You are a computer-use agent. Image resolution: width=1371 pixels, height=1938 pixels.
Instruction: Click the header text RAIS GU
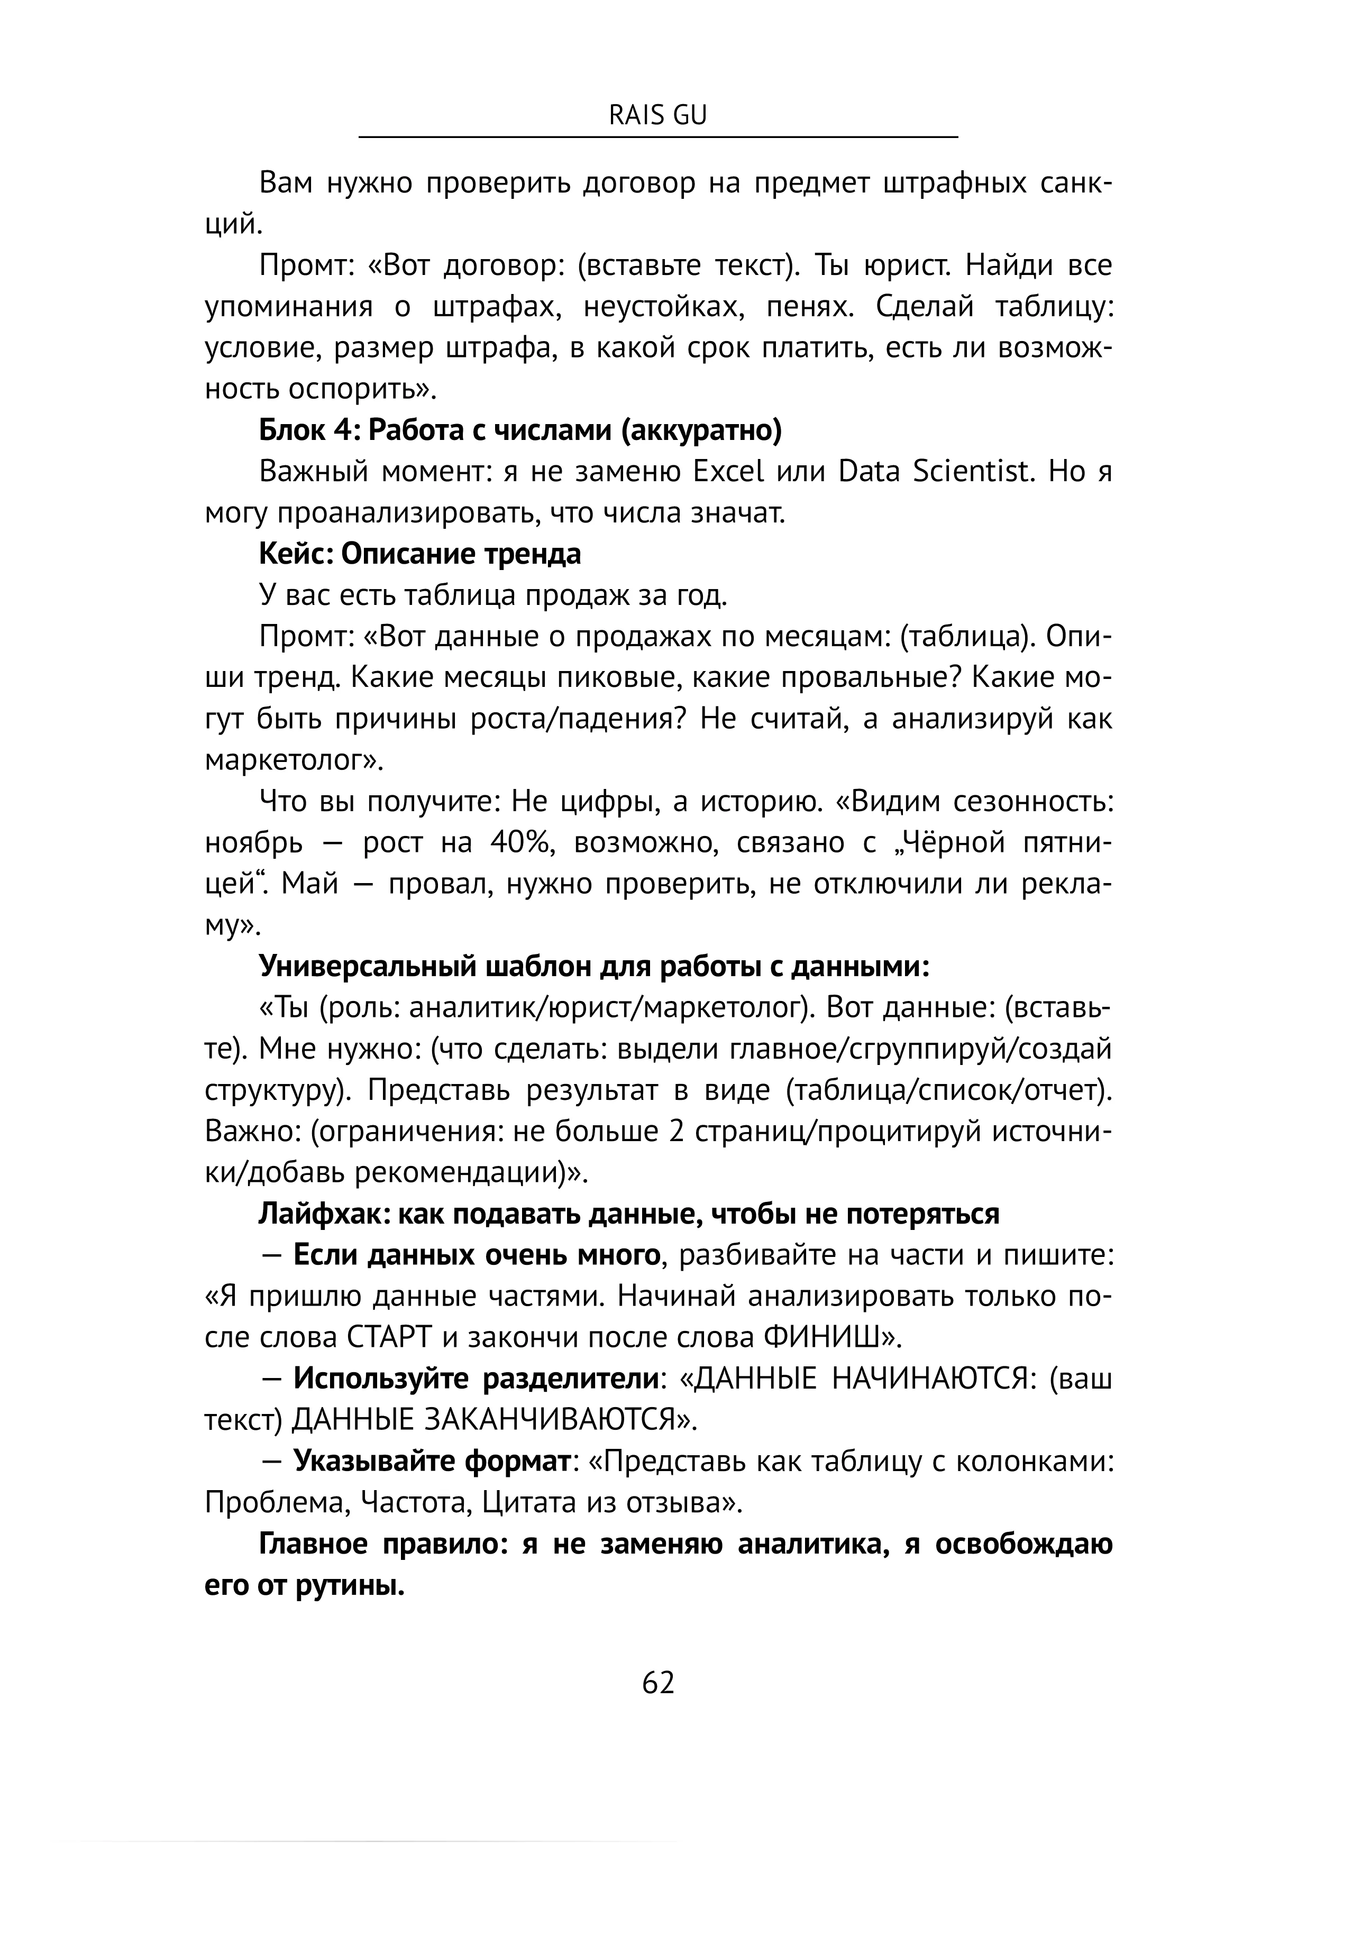657,116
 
